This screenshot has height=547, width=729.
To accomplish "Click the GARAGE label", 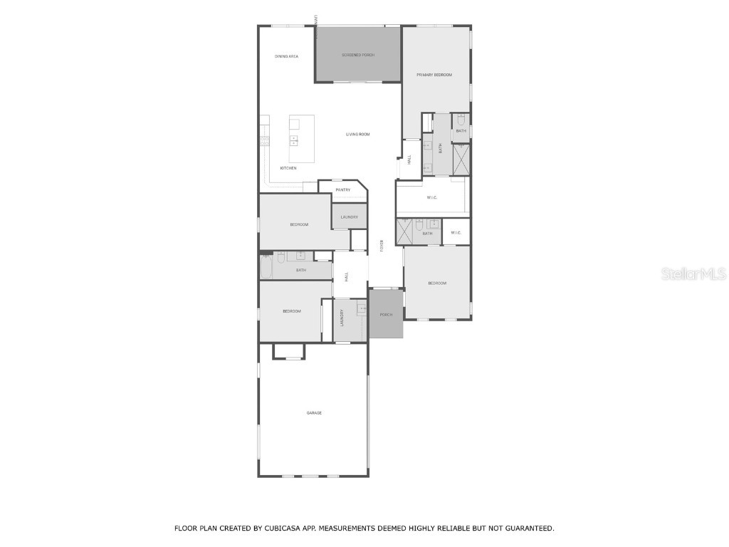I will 314,412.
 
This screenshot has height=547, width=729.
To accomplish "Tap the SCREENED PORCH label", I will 358,55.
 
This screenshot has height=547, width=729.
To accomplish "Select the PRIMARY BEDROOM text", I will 434,75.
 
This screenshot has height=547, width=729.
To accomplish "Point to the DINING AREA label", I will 286,56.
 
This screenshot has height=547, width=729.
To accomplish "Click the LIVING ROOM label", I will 358,134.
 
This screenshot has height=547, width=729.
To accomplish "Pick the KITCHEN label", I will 288,168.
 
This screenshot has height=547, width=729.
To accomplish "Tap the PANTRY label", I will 343,190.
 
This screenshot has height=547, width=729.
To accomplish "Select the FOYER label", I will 382,246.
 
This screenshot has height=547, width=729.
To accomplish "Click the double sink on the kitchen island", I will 293,141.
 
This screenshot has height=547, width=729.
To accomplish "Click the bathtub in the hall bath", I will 267,270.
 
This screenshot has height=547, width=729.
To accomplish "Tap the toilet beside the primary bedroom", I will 461,120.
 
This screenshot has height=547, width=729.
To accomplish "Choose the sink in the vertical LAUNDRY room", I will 362,309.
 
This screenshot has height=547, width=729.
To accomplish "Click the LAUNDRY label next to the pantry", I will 349,217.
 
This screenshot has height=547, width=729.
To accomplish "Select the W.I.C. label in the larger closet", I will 432,198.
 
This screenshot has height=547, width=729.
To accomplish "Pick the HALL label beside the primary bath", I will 409,160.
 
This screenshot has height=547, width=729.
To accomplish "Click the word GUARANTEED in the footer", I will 527,528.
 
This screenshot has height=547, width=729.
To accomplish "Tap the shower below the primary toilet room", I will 461,160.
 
